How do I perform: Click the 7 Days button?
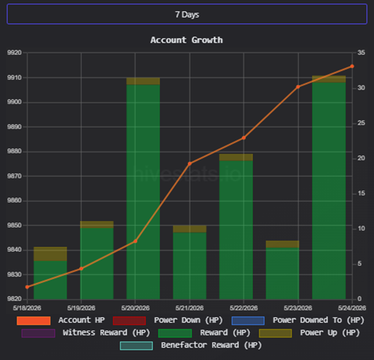(x=187, y=14)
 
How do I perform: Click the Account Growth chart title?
(x=187, y=40)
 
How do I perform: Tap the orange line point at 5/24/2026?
(x=352, y=66)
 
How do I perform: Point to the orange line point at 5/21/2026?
(x=190, y=164)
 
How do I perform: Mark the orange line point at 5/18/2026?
(x=27, y=287)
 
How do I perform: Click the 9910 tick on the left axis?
(x=14, y=78)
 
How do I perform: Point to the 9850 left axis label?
(x=14, y=225)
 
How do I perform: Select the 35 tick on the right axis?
(x=361, y=52)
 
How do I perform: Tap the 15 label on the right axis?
(x=361, y=193)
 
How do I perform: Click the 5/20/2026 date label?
(x=135, y=308)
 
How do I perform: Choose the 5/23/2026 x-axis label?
(x=298, y=308)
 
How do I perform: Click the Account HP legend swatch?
(x=34, y=321)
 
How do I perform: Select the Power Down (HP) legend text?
(x=188, y=320)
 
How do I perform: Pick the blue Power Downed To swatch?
(x=248, y=321)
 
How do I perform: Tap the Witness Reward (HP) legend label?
(x=107, y=333)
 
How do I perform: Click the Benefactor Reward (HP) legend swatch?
(x=136, y=346)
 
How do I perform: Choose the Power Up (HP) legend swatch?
(x=275, y=333)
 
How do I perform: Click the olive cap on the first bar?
(x=50, y=254)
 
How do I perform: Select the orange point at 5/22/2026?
(x=244, y=138)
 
